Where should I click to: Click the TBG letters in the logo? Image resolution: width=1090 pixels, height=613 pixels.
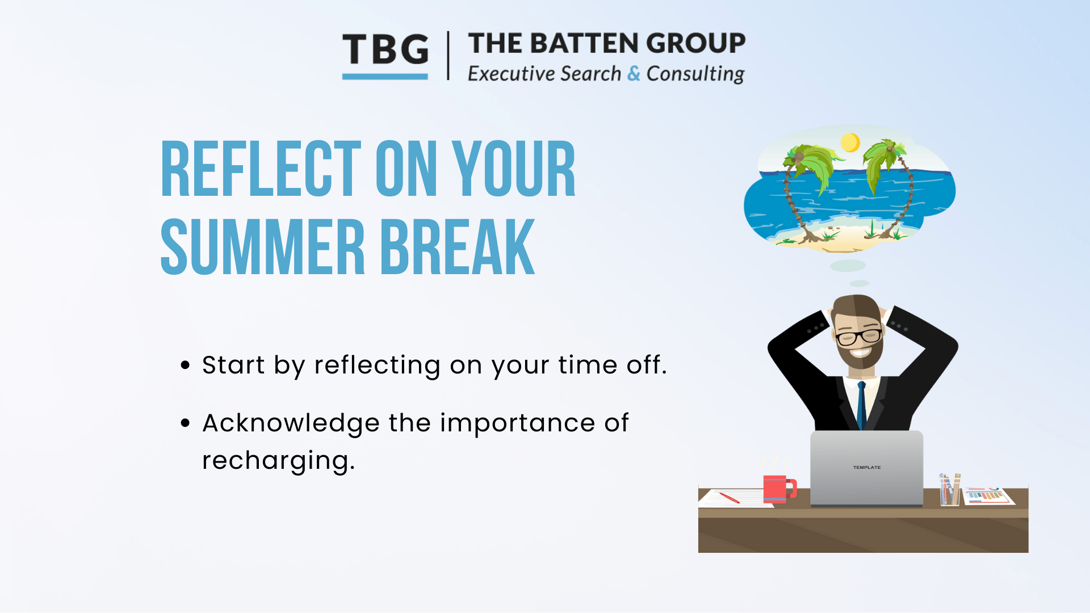click(385, 49)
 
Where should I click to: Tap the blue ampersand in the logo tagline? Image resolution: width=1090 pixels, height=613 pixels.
click(634, 74)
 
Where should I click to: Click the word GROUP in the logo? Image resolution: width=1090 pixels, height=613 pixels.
click(695, 43)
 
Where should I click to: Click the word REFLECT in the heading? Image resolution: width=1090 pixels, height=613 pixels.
click(261, 169)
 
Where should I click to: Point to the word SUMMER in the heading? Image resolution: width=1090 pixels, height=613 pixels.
click(263, 247)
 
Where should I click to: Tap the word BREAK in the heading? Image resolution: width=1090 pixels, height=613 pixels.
click(458, 247)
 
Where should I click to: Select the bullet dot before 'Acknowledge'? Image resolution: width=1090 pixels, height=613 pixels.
click(185, 423)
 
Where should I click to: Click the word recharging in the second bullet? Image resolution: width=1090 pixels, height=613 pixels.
click(278, 461)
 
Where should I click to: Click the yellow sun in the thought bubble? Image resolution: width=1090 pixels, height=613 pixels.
click(850, 142)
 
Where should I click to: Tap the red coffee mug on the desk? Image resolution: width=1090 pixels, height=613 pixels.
click(779, 489)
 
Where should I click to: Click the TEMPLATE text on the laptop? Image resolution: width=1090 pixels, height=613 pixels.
click(867, 468)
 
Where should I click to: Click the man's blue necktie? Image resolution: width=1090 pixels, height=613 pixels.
click(861, 405)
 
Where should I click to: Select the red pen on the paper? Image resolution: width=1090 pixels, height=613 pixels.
click(730, 498)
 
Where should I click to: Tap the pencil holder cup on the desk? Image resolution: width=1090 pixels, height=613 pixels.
click(950, 490)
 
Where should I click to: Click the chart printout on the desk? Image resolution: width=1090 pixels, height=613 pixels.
click(989, 496)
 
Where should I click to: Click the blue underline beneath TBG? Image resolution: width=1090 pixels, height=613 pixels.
click(385, 77)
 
